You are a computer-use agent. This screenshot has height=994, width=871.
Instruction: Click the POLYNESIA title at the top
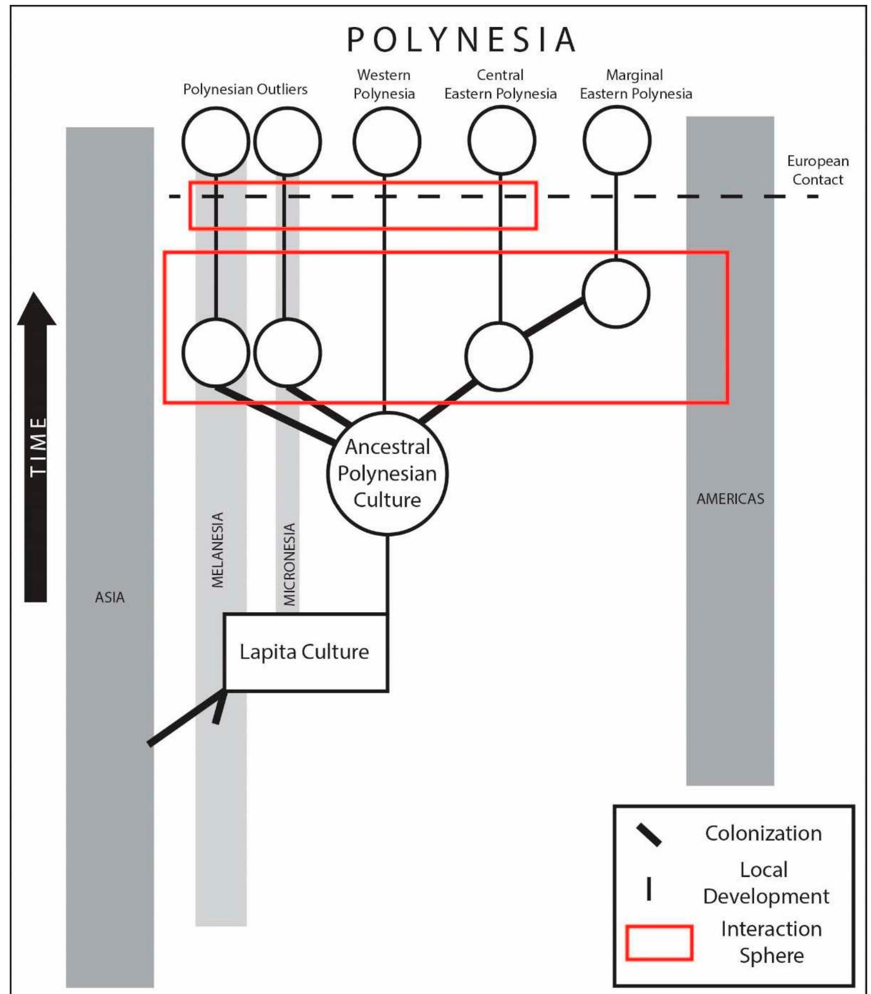click(x=461, y=40)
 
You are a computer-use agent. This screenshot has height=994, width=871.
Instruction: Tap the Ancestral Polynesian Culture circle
click(x=387, y=473)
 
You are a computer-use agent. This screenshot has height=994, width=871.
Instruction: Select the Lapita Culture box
click(x=306, y=652)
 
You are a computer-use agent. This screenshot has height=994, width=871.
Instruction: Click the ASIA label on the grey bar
click(x=109, y=597)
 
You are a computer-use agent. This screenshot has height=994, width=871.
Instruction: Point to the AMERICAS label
click(x=730, y=498)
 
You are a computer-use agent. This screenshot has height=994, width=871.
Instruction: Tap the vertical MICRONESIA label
click(x=290, y=564)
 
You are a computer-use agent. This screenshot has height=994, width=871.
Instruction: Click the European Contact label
click(x=817, y=170)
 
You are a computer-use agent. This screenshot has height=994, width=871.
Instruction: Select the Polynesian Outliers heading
click(x=245, y=89)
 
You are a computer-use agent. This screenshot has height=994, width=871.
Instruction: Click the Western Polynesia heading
click(x=384, y=84)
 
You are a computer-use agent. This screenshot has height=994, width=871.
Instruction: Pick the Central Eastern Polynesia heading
click(x=500, y=84)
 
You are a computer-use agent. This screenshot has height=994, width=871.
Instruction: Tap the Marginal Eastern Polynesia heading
click(x=635, y=84)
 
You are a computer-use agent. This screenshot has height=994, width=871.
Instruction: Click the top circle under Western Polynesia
click(x=386, y=142)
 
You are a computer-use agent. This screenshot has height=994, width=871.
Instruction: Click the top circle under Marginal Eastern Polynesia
click(x=616, y=140)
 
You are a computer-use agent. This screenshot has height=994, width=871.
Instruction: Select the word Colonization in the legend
click(x=763, y=833)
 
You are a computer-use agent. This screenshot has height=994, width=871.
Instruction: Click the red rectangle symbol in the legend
click(x=659, y=942)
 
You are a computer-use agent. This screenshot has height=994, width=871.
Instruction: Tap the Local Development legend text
click(x=765, y=883)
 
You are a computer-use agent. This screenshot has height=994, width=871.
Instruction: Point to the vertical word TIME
click(x=37, y=447)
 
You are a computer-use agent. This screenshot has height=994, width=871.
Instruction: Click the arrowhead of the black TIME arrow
click(x=36, y=309)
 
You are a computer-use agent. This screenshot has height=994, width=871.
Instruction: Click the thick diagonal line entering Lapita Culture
click(x=184, y=718)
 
